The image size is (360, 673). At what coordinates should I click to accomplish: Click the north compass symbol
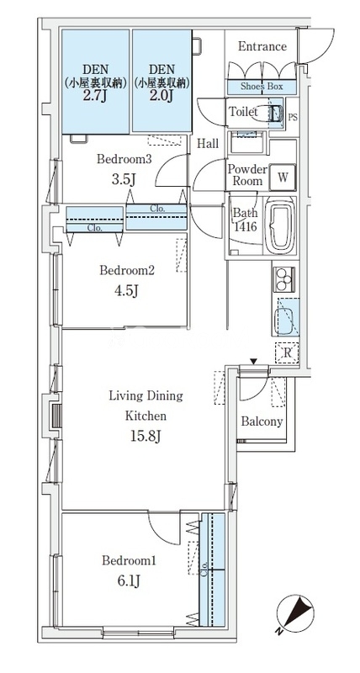(295, 613)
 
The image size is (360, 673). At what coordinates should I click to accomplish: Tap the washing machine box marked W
(283, 177)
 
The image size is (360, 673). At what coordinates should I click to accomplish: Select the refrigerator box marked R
(287, 352)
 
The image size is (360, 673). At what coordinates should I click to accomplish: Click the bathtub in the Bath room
(280, 225)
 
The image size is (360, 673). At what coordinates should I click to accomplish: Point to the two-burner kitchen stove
(284, 279)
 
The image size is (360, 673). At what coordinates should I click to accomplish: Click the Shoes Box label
(262, 87)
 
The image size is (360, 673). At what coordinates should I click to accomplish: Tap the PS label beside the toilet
(292, 116)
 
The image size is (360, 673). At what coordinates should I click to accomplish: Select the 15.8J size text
(146, 437)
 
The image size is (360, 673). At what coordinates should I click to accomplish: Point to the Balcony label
(262, 421)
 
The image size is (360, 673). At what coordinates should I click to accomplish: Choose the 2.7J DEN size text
(95, 95)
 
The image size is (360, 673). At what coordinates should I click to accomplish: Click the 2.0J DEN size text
(161, 95)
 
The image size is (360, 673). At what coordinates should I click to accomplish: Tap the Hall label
(208, 144)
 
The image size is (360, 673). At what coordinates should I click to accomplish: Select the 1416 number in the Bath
(246, 225)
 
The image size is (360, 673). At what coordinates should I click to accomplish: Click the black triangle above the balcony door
(254, 363)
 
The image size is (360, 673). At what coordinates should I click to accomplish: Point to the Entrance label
(262, 46)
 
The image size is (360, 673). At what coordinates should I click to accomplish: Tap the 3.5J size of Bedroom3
(124, 179)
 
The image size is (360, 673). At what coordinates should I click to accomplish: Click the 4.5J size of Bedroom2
(126, 290)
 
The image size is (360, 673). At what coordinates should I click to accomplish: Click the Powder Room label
(247, 175)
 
